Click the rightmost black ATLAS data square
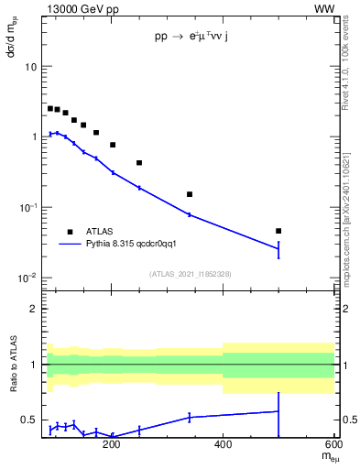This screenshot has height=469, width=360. point(278,231)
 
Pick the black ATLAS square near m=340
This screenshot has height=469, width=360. point(190,194)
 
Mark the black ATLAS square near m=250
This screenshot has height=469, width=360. point(139,163)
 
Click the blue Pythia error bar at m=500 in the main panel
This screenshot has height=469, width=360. point(278,248)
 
